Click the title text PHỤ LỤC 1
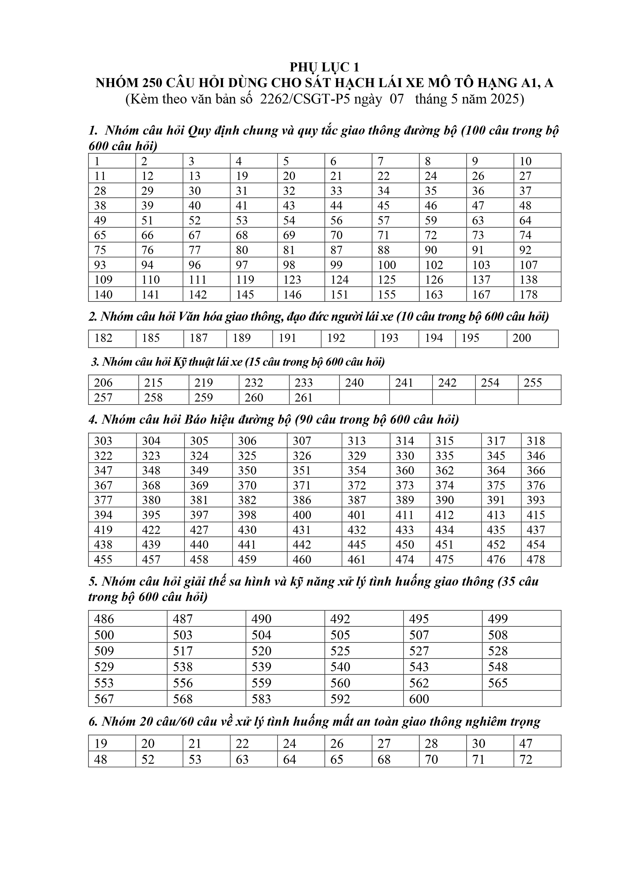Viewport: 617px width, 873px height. pyautogui.click(x=324, y=67)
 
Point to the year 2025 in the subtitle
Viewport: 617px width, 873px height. pyautogui.click(x=504, y=99)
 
